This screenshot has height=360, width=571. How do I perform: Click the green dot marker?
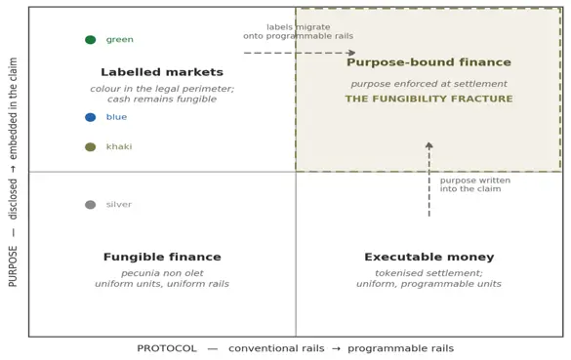(x=91, y=40)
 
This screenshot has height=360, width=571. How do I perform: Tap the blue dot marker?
(x=91, y=117)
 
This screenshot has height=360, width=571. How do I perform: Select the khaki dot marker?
(x=91, y=147)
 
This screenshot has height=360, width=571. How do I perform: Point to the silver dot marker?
(x=91, y=205)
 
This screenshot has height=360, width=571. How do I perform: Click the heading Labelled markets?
(x=162, y=72)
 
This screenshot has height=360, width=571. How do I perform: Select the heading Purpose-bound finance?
(x=428, y=62)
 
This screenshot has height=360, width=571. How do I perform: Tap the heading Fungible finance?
(x=162, y=257)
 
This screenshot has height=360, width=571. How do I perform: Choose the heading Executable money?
(x=428, y=257)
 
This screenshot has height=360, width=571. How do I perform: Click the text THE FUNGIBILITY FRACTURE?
(x=428, y=99)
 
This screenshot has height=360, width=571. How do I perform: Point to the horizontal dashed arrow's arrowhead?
(x=351, y=53)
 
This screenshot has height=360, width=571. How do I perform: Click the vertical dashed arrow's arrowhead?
(x=428, y=145)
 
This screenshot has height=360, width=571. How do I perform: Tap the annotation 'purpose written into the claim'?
(x=475, y=184)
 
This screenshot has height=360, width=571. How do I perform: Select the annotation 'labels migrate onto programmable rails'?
(x=299, y=31)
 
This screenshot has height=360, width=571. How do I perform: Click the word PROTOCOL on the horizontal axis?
(x=167, y=348)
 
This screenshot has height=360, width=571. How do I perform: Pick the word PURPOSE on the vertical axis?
(x=13, y=266)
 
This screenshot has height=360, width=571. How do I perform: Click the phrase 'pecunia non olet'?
(x=162, y=273)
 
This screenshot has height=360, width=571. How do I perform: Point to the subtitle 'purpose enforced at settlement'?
(x=428, y=84)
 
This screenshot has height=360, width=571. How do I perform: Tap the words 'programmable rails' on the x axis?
(x=400, y=348)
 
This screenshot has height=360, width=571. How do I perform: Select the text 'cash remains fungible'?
(x=162, y=99)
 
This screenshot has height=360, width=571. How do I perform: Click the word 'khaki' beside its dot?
(x=119, y=146)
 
